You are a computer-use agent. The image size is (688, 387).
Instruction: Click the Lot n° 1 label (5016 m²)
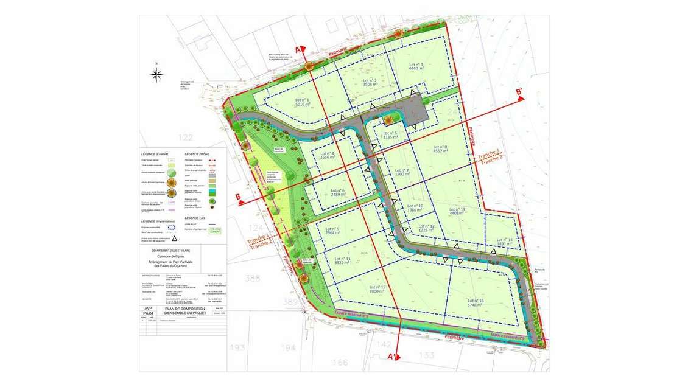tap(302, 102)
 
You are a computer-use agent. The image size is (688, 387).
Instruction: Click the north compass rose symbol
tap(156, 75)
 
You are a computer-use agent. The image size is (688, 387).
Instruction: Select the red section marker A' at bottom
tap(394, 357)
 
